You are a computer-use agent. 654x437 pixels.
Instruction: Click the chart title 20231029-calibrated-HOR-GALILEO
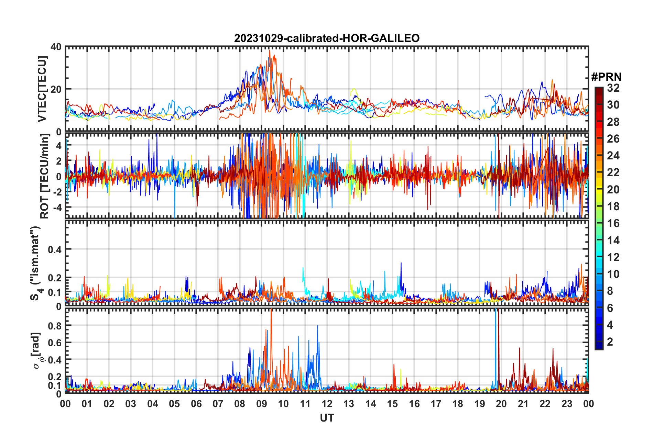(327, 38)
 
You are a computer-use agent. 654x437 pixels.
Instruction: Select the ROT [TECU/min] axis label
(45, 176)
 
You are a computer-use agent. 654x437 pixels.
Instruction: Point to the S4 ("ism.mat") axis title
(35, 264)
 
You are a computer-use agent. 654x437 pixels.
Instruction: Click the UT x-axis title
(327, 418)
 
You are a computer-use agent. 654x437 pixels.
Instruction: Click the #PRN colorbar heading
(606, 77)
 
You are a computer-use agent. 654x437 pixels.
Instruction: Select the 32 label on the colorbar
(613, 88)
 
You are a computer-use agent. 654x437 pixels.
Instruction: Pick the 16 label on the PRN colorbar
(613, 223)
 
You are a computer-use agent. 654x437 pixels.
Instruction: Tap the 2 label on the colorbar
(610, 341)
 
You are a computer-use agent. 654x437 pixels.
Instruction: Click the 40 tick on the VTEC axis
(56, 47)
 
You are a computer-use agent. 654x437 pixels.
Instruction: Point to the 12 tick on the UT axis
(327, 404)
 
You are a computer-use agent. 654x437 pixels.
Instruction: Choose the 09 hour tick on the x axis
(262, 404)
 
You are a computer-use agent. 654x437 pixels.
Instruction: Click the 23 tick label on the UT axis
(567, 404)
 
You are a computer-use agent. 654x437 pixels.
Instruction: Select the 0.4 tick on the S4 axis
(55, 249)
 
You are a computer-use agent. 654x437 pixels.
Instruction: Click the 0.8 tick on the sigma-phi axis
(55, 325)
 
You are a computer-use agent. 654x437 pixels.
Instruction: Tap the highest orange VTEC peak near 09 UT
(270, 51)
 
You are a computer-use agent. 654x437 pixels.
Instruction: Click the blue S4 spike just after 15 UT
(401, 264)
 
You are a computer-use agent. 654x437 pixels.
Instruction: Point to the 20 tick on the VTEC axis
(56, 89)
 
